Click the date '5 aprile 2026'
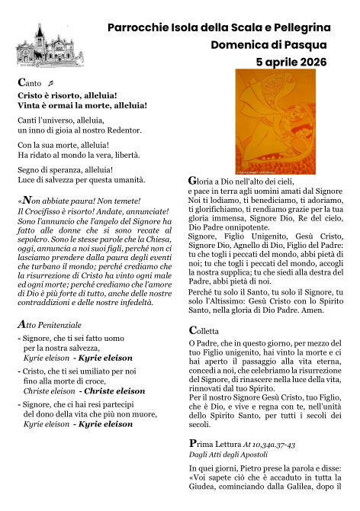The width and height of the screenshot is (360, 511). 291,62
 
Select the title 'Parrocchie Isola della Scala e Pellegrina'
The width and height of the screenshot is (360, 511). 217,27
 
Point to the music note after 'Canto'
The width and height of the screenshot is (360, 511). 50,82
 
